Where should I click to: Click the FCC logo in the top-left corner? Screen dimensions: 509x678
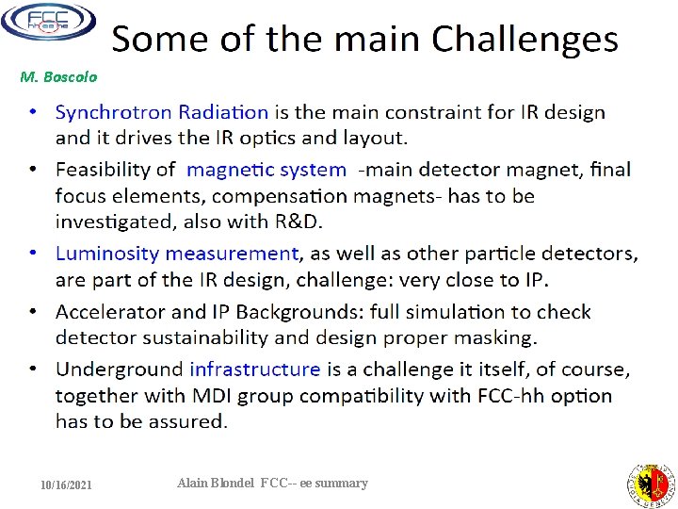tap(48, 21)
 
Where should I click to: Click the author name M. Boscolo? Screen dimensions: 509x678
tap(58, 76)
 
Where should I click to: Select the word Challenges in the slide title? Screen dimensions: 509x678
tap(525, 40)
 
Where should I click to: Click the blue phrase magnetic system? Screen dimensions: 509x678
tap(266, 170)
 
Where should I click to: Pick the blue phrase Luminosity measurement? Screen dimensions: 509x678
tap(176, 254)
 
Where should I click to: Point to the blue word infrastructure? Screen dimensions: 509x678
tap(254, 369)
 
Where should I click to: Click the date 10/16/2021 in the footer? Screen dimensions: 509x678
tap(66, 484)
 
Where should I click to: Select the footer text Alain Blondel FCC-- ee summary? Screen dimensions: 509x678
tap(272, 483)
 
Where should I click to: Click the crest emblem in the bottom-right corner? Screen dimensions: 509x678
tap(651, 484)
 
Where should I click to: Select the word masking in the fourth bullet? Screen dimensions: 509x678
tap(497, 337)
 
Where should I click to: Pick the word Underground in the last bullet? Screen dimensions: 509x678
tap(119, 369)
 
